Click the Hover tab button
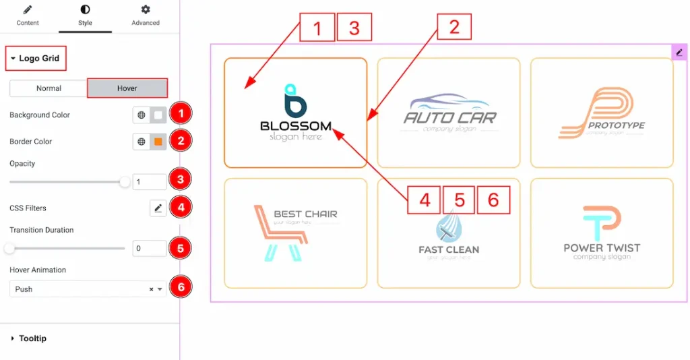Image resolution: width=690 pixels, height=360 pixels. click(x=127, y=88)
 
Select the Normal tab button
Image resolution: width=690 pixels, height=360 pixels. click(x=49, y=88)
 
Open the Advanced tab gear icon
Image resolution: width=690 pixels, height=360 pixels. click(x=146, y=10)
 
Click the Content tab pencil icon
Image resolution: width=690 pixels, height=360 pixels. click(x=28, y=10)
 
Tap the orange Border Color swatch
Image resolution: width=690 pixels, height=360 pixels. click(x=158, y=142)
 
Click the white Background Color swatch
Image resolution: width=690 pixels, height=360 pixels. click(x=158, y=115)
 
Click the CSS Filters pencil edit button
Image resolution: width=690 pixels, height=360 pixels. click(x=158, y=208)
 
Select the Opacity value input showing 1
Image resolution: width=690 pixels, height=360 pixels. click(x=149, y=182)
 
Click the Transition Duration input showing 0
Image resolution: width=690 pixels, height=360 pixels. click(x=149, y=248)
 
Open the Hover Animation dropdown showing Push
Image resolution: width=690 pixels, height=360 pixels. click(x=88, y=289)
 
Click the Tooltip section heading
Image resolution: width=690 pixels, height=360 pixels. click(x=32, y=338)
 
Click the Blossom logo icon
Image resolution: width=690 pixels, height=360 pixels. click(x=295, y=101)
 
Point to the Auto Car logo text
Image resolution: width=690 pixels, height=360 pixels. click(x=449, y=117)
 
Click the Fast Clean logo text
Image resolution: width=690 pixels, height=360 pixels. click(x=449, y=249)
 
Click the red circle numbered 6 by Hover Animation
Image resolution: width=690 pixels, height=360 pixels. click(x=179, y=287)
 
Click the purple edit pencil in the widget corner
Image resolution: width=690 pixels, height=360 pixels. click(x=679, y=52)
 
